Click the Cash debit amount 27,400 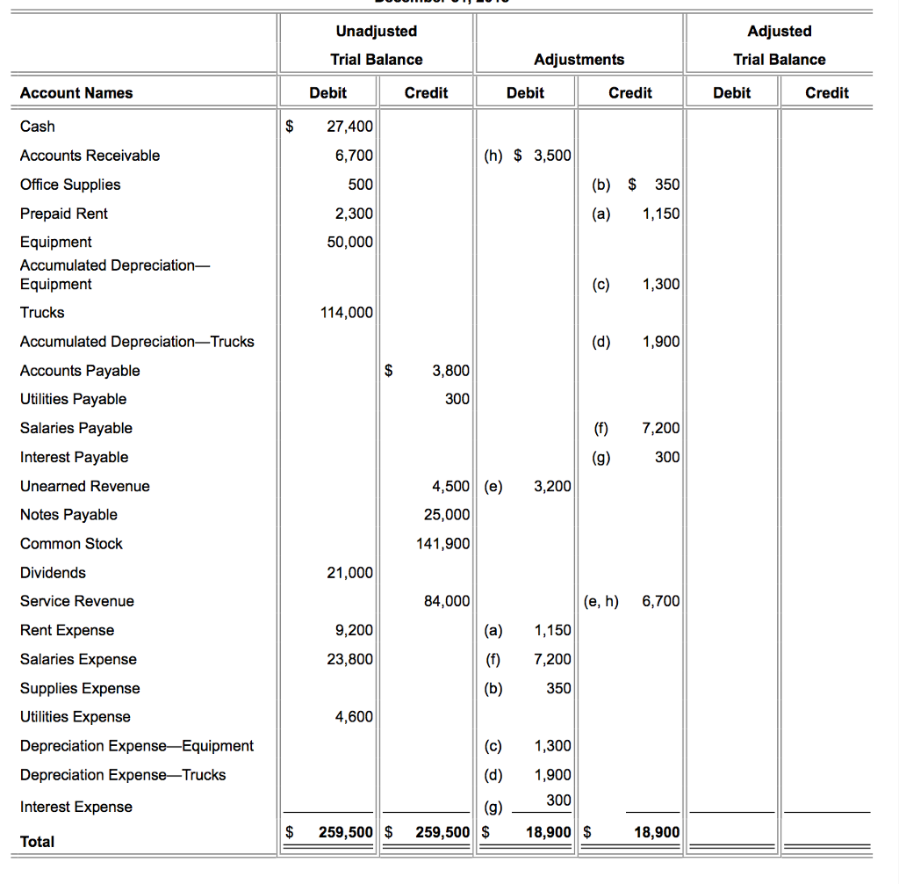[x=349, y=127]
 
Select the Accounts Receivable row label [x=90, y=156]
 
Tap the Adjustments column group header [x=579, y=60]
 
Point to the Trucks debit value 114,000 [x=349, y=313]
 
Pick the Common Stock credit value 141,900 [x=442, y=544]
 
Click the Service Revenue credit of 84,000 [x=446, y=602]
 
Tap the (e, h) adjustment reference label [x=601, y=602]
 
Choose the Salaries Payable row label [x=76, y=428]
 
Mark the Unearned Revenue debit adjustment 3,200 [x=552, y=487]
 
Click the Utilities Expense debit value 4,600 [x=354, y=717]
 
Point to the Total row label [x=37, y=842]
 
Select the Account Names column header [x=76, y=93]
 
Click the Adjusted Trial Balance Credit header [x=826, y=93]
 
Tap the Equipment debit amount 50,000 [x=349, y=243]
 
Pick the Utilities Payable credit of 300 [x=457, y=400]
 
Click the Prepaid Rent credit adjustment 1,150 [x=660, y=214]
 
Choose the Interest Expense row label [x=76, y=807]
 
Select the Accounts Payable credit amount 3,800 [x=451, y=371]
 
